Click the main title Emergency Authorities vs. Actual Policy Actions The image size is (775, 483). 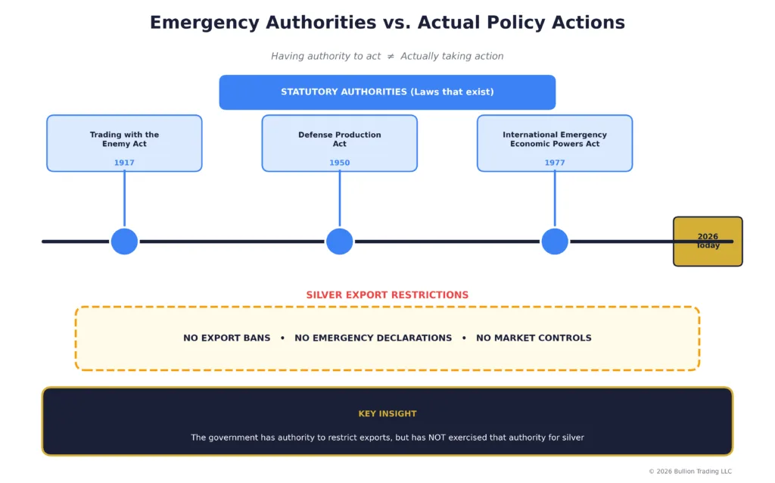coord(387,23)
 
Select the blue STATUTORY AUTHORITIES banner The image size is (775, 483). coord(387,92)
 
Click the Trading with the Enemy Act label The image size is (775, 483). coord(124,139)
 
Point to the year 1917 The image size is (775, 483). coord(124,163)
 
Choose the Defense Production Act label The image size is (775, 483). coord(339,139)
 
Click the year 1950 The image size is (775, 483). coord(339,163)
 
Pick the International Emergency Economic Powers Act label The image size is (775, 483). coord(554,139)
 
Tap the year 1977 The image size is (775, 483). coord(554,163)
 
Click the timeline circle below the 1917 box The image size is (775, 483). coord(124,241)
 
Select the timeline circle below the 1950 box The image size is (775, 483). coord(339,241)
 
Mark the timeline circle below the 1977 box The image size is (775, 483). coord(554,241)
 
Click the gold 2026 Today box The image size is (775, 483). coord(708,241)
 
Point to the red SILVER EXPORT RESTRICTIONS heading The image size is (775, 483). coord(387,295)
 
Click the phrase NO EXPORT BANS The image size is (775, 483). coord(226,338)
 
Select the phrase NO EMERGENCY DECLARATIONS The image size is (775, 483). coord(372,338)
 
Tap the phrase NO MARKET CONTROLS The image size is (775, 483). coord(534,338)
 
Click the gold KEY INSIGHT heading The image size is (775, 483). coord(387,414)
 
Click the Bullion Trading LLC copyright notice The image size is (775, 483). coord(689,472)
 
